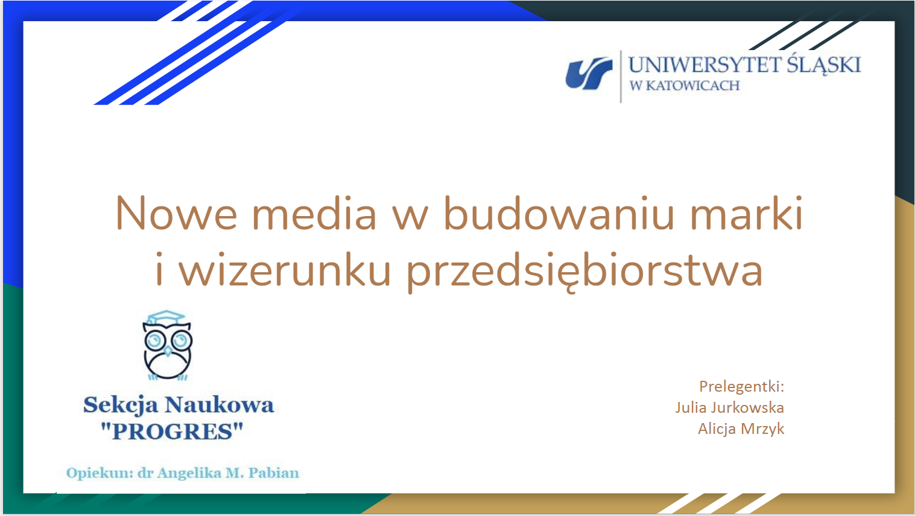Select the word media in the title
(x=314, y=213)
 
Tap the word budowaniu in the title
(x=559, y=213)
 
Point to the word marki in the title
(x=746, y=213)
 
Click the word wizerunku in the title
(x=285, y=269)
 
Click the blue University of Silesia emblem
(x=589, y=74)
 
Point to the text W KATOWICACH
(x=685, y=86)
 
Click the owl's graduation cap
(x=166, y=317)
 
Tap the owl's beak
(x=168, y=351)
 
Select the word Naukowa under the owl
(x=220, y=405)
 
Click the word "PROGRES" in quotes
(x=172, y=432)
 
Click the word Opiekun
(x=100, y=474)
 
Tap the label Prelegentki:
(x=742, y=387)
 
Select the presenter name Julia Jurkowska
(x=730, y=407)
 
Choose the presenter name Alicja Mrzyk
(x=741, y=429)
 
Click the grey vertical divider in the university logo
(x=621, y=77)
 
